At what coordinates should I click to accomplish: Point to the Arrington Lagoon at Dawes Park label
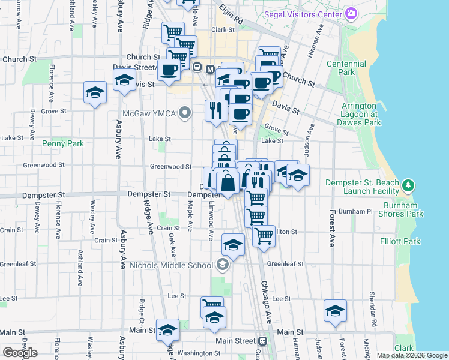[361, 114]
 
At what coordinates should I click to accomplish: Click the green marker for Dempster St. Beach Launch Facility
[409, 184]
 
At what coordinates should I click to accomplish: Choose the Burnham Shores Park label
[402, 214]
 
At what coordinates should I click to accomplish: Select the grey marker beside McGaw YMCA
[185, 112]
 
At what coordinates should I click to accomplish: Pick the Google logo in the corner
[20, 353]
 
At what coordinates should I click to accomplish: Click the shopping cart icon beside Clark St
[173, 31]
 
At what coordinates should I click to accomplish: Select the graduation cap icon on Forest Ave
[335, 309]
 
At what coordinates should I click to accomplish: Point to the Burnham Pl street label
[356, 211]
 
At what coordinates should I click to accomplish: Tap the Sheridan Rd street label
[374, 319]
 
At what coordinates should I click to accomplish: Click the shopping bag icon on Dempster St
[228, 182]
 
